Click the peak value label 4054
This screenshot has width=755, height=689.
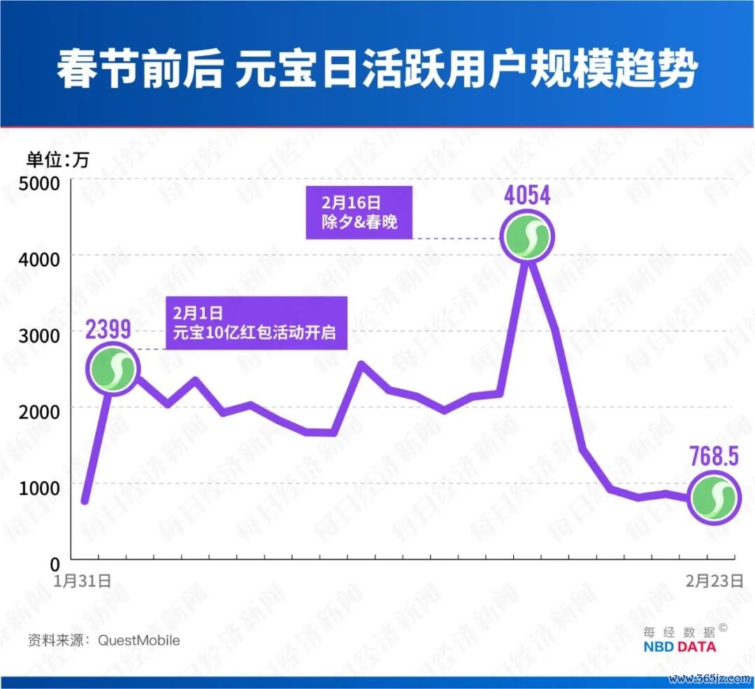(x=527, y=195)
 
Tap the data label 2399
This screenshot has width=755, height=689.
(x=108, y=330)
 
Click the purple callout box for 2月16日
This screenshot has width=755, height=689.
(x=359, y=213)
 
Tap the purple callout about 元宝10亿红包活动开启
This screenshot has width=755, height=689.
(x=256, y=323)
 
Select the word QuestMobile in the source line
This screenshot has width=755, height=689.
(x=138, y=640)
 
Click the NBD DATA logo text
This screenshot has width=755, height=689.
(x=679, y=647)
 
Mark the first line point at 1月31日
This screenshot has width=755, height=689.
(x=85, y=500)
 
